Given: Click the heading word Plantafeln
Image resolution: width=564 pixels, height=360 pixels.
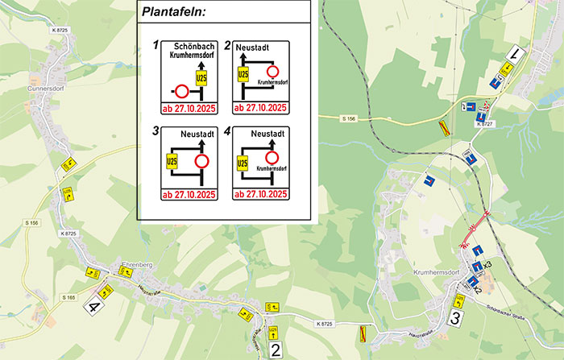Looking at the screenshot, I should pos(173,12).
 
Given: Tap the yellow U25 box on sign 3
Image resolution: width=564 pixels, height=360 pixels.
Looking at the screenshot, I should pos(171,161).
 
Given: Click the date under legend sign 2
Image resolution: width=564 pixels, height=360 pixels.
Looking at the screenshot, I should pos(260,107).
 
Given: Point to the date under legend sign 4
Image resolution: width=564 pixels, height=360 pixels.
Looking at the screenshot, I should pos(260,194).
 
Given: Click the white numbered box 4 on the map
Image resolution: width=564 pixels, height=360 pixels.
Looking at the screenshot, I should pos(96,306).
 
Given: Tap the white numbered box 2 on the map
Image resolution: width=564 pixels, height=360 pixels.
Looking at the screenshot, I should pos(276,349).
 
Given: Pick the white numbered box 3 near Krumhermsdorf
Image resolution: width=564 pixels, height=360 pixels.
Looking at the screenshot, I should pos(456,319).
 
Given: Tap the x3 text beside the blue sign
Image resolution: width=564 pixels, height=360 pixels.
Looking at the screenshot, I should pos(487,264).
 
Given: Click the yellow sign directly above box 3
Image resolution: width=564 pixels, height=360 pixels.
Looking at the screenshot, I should pos(459,300).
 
